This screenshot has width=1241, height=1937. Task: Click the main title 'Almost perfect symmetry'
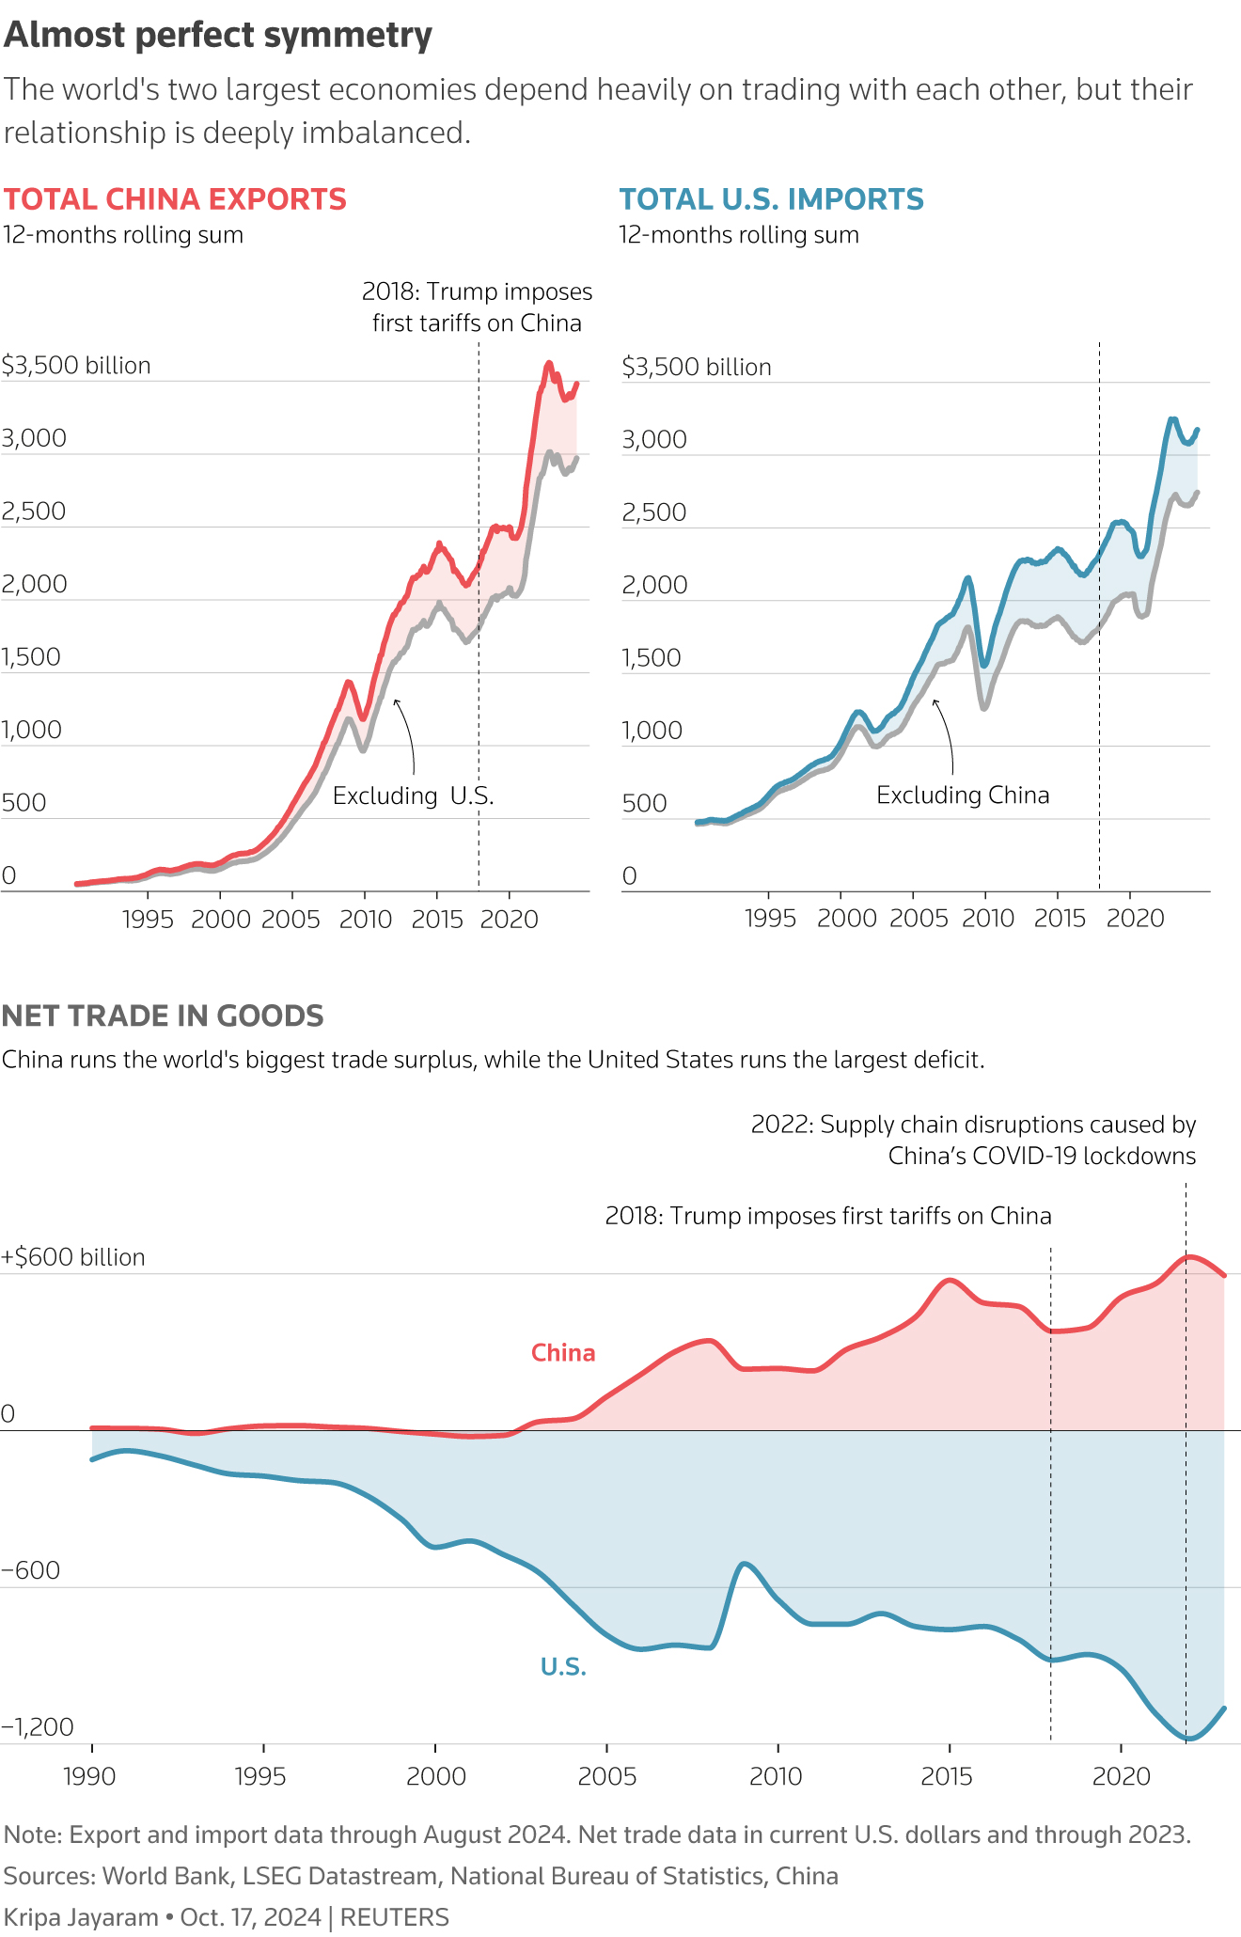click(218, 36)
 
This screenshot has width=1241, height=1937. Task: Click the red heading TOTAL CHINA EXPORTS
click(175, 199)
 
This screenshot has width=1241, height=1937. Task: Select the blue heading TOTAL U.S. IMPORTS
click(771, 199)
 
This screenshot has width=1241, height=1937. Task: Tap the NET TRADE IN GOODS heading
click(163, 1016)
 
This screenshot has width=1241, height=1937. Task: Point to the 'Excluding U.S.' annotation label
click(413, 796)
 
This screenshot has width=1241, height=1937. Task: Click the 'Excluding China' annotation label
click(962, 795)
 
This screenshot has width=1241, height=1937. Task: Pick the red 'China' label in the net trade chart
click(563, 1352)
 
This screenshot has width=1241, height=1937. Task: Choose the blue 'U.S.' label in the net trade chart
click(563, 1667)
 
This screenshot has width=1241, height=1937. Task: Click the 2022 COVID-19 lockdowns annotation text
click(973, 1140)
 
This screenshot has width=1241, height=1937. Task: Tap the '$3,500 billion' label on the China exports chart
click(76, 365)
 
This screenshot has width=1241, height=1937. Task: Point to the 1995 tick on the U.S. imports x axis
click(770, 919)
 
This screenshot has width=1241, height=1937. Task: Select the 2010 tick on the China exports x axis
click(365, 919)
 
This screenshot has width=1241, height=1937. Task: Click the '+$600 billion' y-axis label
click(73, 1257)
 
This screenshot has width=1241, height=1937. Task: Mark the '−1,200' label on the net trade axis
click(38, 1726)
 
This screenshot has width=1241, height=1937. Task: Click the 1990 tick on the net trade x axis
click(89, 1776)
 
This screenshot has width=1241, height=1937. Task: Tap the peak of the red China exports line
click(549, 364)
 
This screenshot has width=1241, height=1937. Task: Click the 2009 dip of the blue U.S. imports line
click(984, 665)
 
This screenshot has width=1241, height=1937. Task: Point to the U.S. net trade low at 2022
click(1186, 1739)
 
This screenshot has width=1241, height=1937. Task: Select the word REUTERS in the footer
click(394, 1917)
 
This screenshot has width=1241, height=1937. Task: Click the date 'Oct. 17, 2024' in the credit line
click(250, 1917)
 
